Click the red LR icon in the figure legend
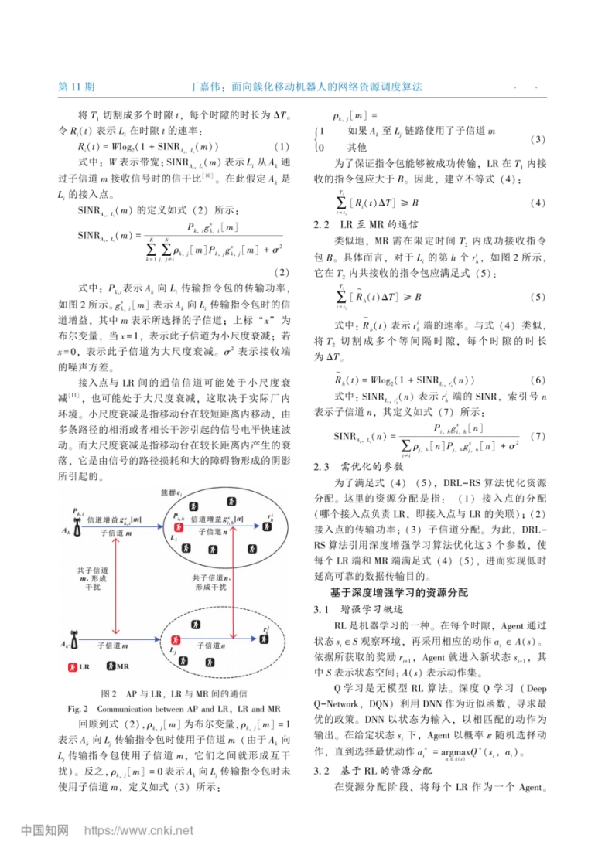73,666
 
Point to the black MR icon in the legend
111,666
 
